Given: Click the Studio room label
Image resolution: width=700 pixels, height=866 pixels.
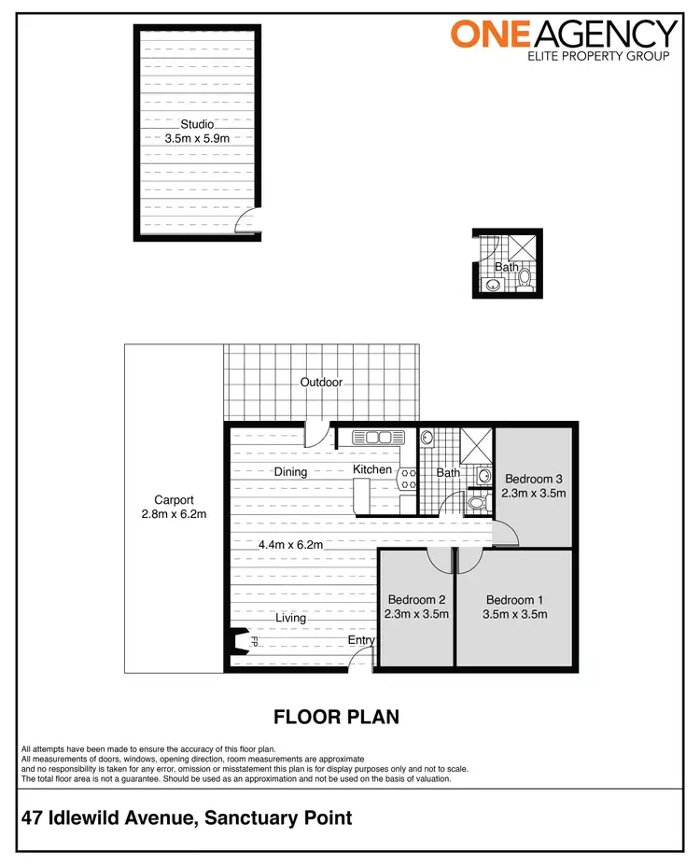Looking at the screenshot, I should pos(197,124).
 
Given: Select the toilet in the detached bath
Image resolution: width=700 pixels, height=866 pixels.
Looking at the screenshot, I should pos(524,276).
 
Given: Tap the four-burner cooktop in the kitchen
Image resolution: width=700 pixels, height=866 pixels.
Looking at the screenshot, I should pos(407,479).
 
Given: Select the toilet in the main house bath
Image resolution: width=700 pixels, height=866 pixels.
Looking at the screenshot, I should pos(476,503).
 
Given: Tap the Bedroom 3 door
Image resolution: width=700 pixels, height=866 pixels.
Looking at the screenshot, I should pos(506,534).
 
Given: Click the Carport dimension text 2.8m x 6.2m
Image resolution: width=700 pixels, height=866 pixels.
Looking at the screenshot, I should pos(175,514).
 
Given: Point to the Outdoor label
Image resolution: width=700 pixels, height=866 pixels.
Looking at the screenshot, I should pos(321,383).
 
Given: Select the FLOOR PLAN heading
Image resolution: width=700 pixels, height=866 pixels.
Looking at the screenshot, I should pos(336,717).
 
